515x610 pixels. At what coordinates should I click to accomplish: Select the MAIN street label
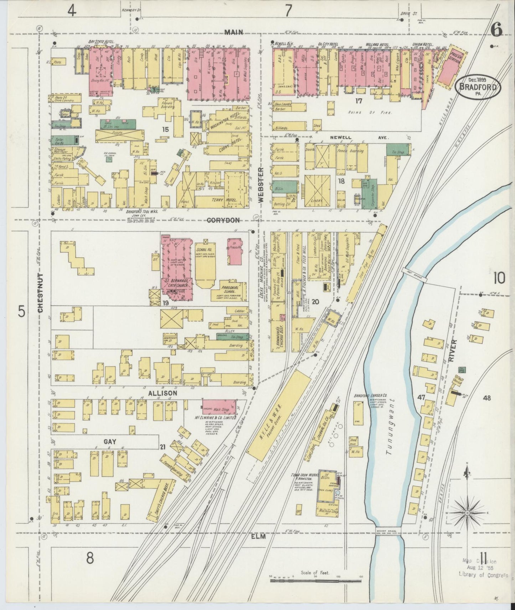click(x=234, y=32)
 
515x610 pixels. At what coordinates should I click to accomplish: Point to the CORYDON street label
click(x=223, y=220)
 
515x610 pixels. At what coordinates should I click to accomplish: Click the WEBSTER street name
click(x=261, y=185)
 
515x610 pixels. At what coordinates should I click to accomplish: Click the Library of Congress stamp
click(x=483, y=565)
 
